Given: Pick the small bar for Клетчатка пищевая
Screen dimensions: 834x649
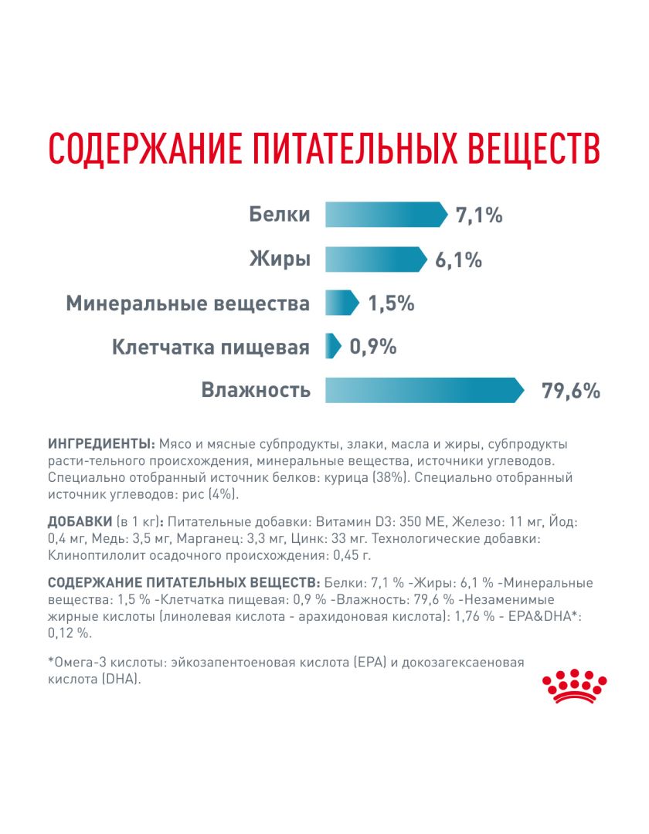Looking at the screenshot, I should pyautogui.click(x=332, y=346).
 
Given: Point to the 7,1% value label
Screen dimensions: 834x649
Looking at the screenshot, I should pyautogui.click(x=479, y=215).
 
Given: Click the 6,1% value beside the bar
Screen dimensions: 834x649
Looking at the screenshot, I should pyautogui.click(x=458, y=260).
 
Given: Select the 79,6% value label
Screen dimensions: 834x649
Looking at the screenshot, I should pyautogui.click(x=571, y=391).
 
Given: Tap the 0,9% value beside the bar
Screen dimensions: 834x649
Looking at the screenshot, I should pyautogui.click(x=373, y=347).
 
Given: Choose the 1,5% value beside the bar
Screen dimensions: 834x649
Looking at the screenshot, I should pyautogui.click(x=391, y=303).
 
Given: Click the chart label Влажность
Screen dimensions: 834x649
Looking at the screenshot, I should pyautogui.click(x=256, y=390).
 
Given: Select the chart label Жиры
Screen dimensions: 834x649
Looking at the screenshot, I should pyautogui.click(x=280, y=259).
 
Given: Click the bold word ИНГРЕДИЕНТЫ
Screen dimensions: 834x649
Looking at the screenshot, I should pyautogui.click(x=100, y=444).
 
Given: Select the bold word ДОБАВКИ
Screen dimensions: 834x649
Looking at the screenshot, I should pyautogui.click(x=80, y=523).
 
